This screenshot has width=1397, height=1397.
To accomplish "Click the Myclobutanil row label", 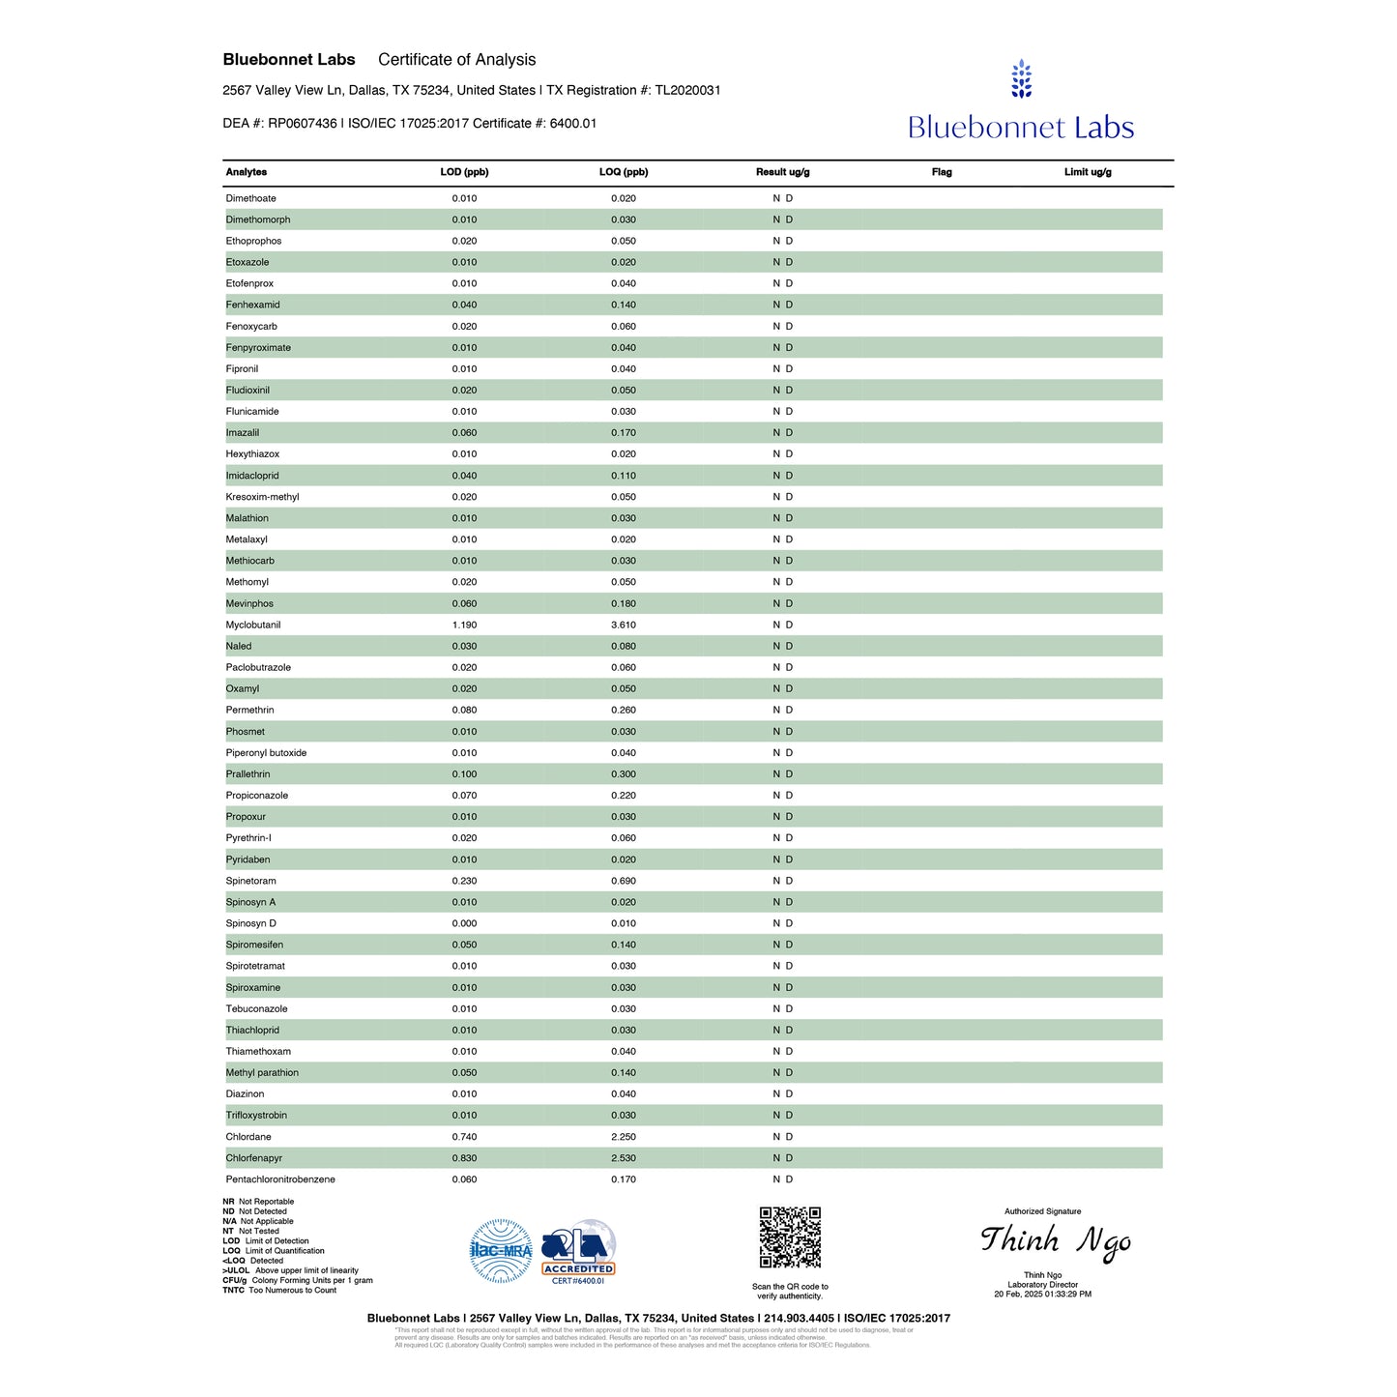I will (x=253, y=625).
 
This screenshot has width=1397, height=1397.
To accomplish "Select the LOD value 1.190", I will (x=464, y=625).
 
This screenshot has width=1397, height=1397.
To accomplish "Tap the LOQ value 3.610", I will (x=624, y=625).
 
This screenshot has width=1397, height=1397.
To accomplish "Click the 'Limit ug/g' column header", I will (x=1088, y=172).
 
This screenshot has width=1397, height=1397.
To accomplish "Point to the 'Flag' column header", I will (x=942, y=172).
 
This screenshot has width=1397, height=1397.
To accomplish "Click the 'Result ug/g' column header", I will (x=782, y=172).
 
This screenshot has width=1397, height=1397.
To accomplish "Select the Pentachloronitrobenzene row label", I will (x=280, y=1179).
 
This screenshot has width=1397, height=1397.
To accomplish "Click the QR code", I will (x=790, y=1237).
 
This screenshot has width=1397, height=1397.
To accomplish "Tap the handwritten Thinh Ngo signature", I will (x=1055, y=1241).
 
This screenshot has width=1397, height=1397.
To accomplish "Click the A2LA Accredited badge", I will (x=578, y=1251).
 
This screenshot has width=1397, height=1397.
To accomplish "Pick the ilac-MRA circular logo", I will (x=501, y=1251).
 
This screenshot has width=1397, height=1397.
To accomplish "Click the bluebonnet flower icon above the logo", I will (x=1021, y=79).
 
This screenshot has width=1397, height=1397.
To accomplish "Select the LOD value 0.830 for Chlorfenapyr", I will (x=464, y=1158).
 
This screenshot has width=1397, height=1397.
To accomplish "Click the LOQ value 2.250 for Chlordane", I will (x=624, y=1137).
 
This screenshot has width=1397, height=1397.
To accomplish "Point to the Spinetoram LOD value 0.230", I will (x=464, y=881).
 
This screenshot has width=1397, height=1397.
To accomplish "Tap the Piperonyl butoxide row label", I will (x=266, y=753).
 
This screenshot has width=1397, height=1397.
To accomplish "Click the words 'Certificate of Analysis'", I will (x=456, y=60).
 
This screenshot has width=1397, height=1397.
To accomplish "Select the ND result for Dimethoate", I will (x=782, y=198).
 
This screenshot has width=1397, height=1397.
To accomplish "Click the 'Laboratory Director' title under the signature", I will (x=1042, y=1285).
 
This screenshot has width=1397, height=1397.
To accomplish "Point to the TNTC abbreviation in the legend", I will (x=233, y=1291).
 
